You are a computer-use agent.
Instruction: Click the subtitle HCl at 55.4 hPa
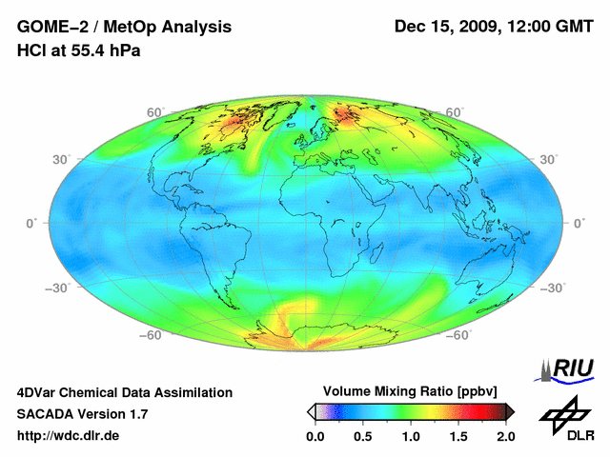(x=79, y=50)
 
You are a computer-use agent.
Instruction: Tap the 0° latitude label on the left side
(x=30, y=223)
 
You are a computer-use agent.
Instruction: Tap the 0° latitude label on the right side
(x=579, y=223)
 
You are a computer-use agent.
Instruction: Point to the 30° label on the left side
(x=62, y=159)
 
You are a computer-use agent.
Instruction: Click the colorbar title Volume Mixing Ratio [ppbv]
(x=407, y=391)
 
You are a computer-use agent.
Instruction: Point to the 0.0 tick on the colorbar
(x=315, y=436)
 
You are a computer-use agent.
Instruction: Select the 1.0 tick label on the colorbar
(x=411, y=436)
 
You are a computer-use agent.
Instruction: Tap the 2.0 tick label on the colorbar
(x=505, y=436)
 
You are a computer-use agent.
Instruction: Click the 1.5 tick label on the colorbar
(x=458, y=436)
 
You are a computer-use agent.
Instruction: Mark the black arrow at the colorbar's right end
(x=510, y=411)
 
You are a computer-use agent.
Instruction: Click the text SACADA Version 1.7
(x=82, y=414)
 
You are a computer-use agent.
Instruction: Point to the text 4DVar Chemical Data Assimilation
(x=124, y=392)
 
